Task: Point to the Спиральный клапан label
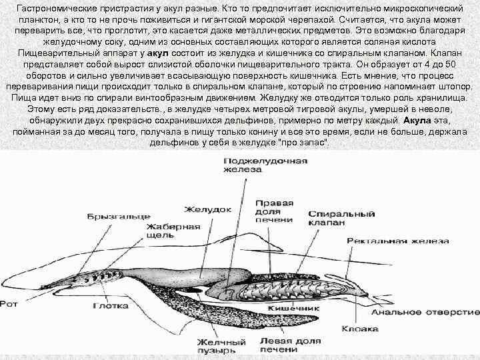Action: [339, 219]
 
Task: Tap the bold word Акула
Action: [419, 120]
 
